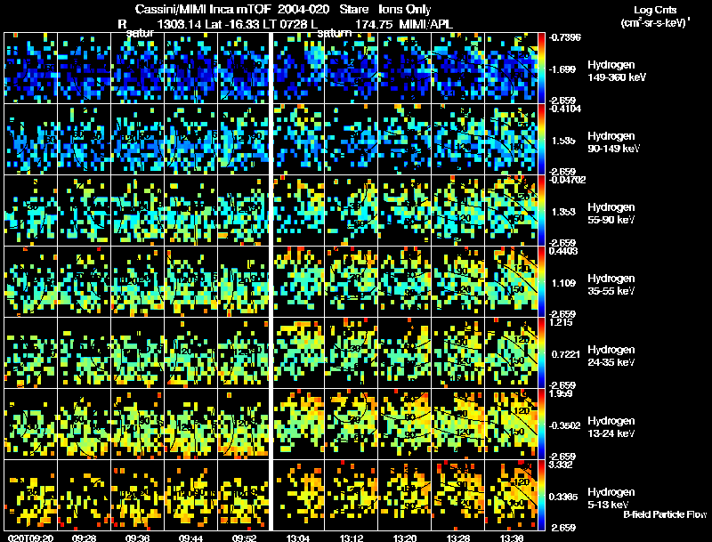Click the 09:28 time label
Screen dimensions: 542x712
click(x=85, y=537)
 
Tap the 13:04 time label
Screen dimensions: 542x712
click(x=299, y=537)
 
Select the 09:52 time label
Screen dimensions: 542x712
click(x=245, y=537)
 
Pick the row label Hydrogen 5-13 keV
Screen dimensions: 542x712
click(x=613, y=498)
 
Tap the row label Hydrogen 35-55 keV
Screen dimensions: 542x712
click(x=613, y=285)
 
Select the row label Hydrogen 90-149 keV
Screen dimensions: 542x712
click(x=613, y=142)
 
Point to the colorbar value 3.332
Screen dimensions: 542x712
click(x=566, y=463)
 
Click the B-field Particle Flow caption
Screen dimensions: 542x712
click(x=665, y=514)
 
